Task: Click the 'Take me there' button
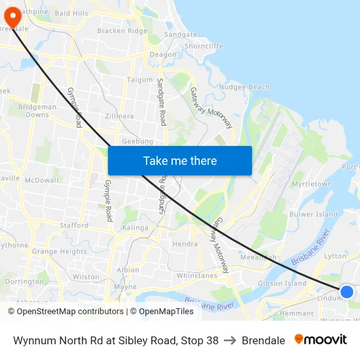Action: (x=180, y=160)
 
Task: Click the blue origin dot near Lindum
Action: (x=347, y=292)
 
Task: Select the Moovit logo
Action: (x=320, y=340)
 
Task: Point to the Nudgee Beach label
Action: (x=243, y=87)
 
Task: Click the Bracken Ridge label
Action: (x=122, y=31)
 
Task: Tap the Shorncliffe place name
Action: (x=204, y=46)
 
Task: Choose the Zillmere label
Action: (x=118, y=117)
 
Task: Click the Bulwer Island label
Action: (x=314, y=214)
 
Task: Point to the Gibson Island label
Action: (x=282, y=283)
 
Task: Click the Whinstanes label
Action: (x=196, y=276)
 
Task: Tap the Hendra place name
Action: (x=185, y=244)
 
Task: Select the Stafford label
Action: (x=74, y=225)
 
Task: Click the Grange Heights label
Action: (x=60, y=251)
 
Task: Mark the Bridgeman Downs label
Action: (x=37, y=111)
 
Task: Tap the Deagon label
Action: (x=163, y=54)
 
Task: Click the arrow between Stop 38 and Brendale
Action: (x=230, y=340)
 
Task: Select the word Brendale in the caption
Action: (x=263, y=340)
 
